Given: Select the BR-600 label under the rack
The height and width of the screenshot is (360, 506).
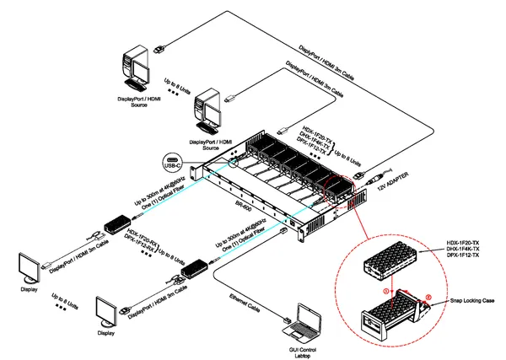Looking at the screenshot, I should [x=244, y=204].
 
